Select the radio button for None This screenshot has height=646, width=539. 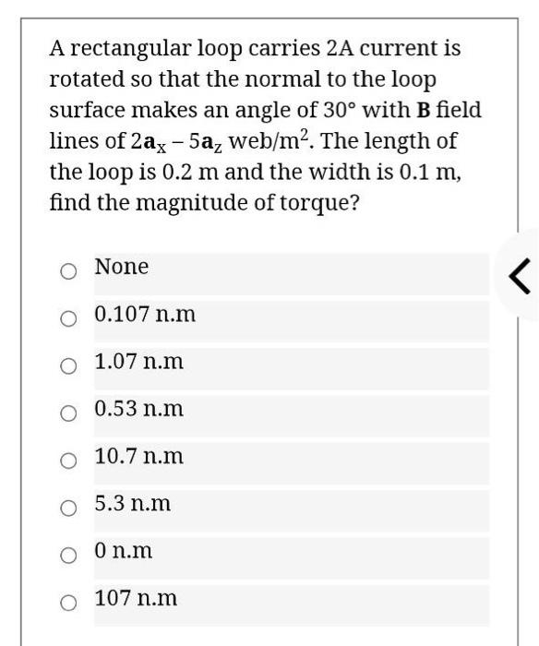click(x=68, y=271)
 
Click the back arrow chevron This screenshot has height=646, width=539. click(x=520, y=275)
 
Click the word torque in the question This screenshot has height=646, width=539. click(x=315, y=204)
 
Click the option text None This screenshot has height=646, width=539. click(x=121, y=268)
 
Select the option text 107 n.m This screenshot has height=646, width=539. click(x=136, y=599)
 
